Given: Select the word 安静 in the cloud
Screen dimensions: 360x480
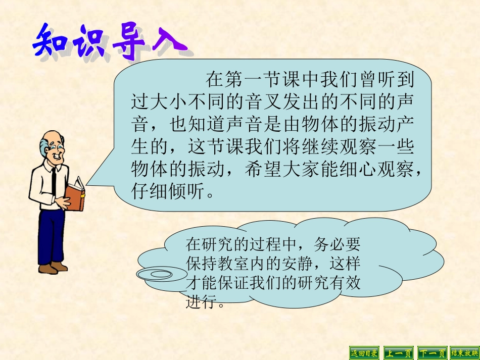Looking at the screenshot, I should tap(303, 264).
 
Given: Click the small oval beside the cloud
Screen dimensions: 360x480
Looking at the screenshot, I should tap(161, 274).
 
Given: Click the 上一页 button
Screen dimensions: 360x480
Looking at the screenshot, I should tap(398, 352).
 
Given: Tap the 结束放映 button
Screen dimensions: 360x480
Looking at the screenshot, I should tap(464, 352).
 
